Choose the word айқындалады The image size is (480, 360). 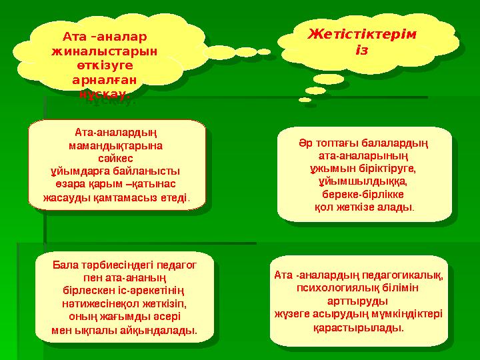coord(159,330)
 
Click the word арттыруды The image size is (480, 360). coord(360,301)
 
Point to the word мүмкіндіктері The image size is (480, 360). coord(407,314)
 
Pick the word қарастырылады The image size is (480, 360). coord(360,327)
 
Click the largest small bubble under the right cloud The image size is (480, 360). coord(329,80)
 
